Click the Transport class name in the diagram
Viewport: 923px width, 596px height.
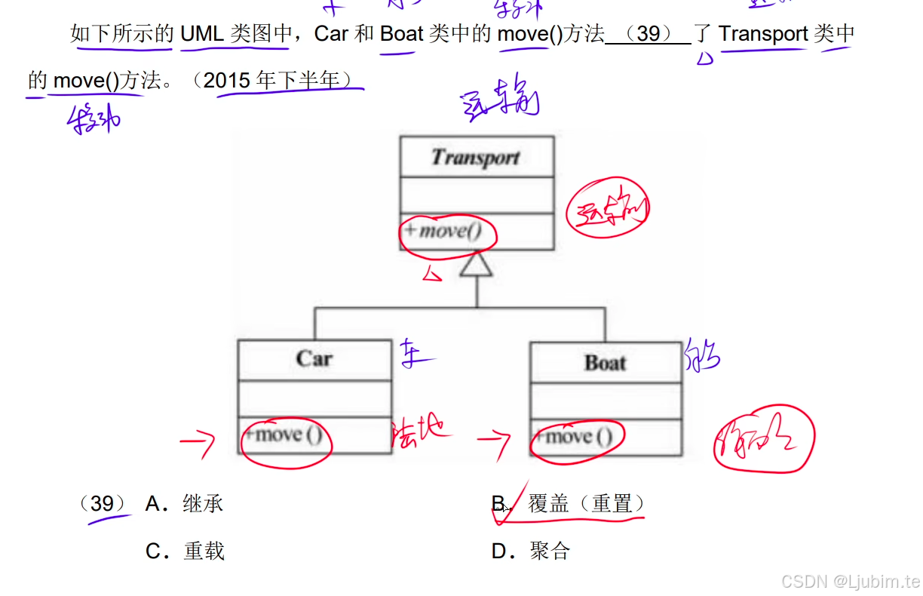click(x=476, y=158)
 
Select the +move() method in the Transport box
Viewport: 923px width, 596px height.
click(x=443, y=231)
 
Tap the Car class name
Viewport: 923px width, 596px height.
click(x=314, y=358)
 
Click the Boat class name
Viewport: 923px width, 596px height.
click(x=606, y=363)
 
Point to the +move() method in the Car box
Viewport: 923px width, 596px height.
click(x=284, y=435)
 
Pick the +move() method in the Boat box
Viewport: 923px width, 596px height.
click(x=574, y=438)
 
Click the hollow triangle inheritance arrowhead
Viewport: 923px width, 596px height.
click(x=476, y=264)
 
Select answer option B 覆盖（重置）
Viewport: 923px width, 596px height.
click(x=587, y=503)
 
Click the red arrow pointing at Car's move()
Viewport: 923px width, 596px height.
click(x=198, y=444)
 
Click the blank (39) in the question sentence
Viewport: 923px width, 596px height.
click(x=648, y=34)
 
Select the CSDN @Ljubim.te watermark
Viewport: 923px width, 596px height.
click(x=851, y=581)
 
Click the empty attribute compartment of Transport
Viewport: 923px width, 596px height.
click(x=476, y=195)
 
